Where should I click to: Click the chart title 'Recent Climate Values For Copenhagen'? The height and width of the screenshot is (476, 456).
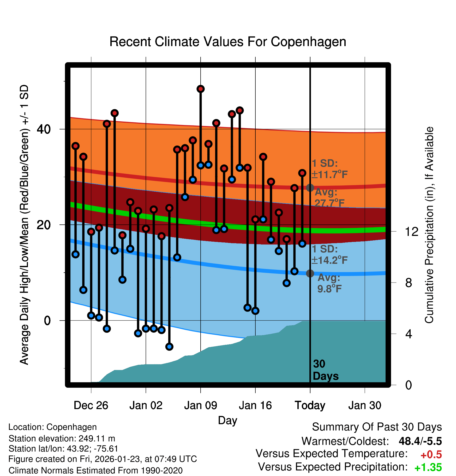[x=228, y=42]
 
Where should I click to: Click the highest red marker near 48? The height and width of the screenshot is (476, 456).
[x=201, y=89]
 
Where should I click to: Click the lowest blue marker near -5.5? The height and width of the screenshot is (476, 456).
[x=169, y=347]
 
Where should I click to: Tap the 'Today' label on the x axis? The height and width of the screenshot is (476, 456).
[x=310, y=405]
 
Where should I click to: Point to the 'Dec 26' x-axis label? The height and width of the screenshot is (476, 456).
[x=91, y=405]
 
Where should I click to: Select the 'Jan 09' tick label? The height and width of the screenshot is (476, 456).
[x=200, y=405]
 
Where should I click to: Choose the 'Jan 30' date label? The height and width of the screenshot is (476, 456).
[x=365, y=405]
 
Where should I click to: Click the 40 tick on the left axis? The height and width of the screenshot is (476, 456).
[x=44, y=129]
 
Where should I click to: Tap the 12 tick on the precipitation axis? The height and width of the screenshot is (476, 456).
[x=412, y=231]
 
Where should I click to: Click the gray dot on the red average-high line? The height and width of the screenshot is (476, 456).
[x=310, y=187]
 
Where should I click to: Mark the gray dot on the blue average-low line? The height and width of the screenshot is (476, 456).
[x=310, y=273]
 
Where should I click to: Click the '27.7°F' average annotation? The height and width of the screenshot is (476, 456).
[x=329, y=203]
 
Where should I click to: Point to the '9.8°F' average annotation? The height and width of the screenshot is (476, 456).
[x=329, y=289]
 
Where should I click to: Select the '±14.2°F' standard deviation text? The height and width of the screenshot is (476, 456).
[x=329, y=260]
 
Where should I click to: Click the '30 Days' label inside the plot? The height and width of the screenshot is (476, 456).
[x=325, y=370]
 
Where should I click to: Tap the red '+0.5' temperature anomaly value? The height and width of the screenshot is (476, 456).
[x=431, y=455]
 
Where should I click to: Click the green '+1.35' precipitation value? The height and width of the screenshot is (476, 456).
[x=428, y=467]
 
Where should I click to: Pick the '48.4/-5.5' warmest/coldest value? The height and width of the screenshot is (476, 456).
[x=420, y=441]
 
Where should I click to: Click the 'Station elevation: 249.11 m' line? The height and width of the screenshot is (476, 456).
[x=62, y=439]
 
